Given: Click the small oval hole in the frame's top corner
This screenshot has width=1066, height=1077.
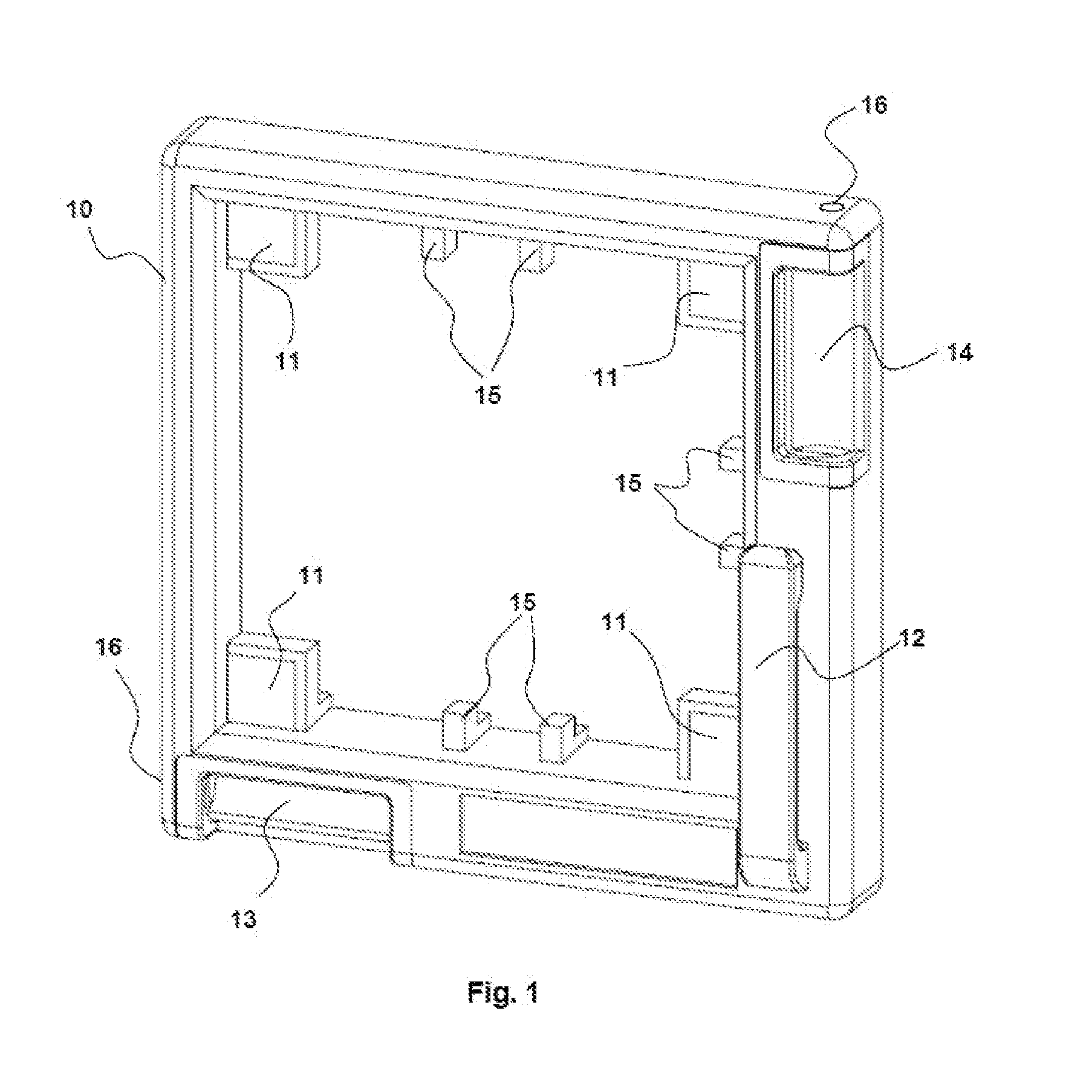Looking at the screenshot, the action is pyautogui.click(x=831, y=207).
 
